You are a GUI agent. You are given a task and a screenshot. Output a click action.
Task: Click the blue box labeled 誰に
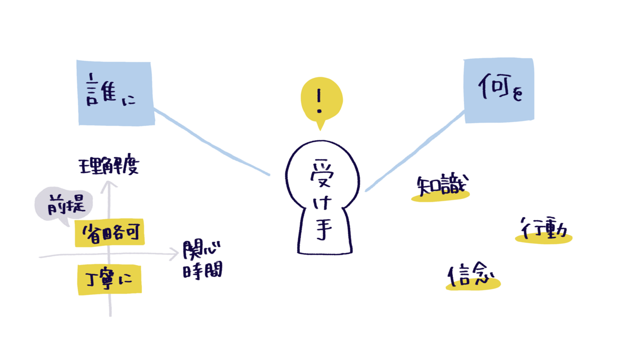[x=116, y=93]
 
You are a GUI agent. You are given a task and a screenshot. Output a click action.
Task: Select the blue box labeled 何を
[x=499, y=91]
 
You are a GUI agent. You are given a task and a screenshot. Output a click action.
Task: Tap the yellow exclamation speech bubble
[x=322, y=101]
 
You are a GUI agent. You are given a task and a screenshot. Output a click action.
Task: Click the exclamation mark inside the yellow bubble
[x=319, y=101]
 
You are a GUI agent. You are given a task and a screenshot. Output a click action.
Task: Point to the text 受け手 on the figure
[x=323, y=199]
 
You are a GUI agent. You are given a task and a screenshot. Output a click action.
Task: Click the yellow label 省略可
[x=110, y=233]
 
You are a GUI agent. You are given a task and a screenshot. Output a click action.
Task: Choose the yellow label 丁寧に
[x=110, y=279]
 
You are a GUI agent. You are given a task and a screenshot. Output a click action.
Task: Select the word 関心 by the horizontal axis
[x=202, y=250]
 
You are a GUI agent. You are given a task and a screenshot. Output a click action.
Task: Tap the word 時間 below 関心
[x=203, y=270]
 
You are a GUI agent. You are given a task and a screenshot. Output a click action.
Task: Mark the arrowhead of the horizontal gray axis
[x=175, y=254]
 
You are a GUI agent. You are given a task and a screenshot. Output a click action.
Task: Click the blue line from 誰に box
[x=212, y=142]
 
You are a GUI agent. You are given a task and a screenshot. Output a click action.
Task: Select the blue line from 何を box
[x=414, y=151]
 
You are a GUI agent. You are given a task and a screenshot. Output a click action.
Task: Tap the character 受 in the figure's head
[x=323, y=173]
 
